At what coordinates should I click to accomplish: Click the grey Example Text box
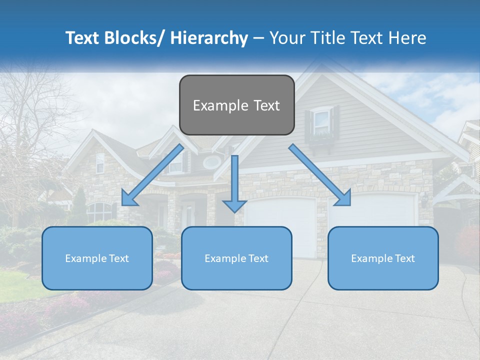click(x=236, y=105)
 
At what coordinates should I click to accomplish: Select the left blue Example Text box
click(x=97, y=258)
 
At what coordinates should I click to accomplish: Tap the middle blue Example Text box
click(x=236, y=258)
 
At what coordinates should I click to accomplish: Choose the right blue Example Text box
click(x=383, y=258)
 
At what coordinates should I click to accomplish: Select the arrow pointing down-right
click(x=320, y=175)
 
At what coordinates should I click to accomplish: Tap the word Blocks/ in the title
click(x=129, y=38)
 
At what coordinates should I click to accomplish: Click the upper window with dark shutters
click(x=322, y=121)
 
